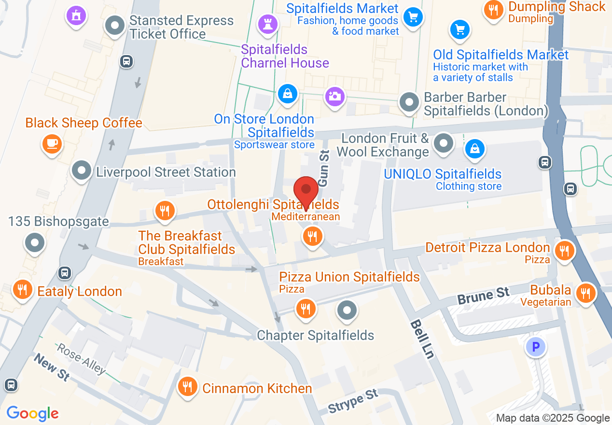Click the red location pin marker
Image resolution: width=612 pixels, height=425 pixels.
pyautogui.click(x=306, y=190)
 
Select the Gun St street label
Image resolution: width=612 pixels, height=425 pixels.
pyautogui.click(x=323, y=168)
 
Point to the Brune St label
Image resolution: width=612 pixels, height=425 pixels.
pyautogui.click(x=484, y=296)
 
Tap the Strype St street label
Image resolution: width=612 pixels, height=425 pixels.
pyautogui.click(x=353, y=401)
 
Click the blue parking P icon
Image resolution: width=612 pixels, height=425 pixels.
pyautogui.click(x=535, y=346)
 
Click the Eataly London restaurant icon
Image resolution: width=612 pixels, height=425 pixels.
pyautogui.click(x=22, y=289)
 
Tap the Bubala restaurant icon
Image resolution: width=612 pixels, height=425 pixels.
pyautogui.click(x=585, y=293)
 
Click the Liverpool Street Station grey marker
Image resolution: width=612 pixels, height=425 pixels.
pyautogui.click(x=82, y=170)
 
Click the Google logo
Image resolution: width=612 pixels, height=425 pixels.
pyautogui.click(x=33, y=413)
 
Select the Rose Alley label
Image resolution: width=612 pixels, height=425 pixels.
pyautogui.click(x=81, y=358)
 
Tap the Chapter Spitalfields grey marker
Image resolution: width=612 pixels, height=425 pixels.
pyautogui.click(x=347, y=310)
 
